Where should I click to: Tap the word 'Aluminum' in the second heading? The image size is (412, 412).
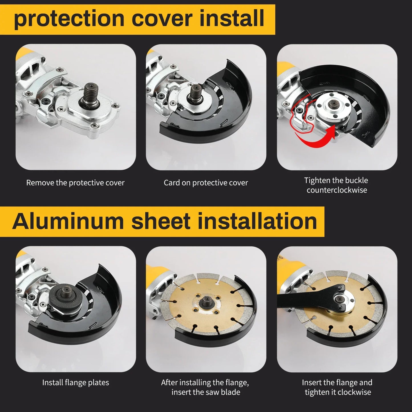coord(68,222)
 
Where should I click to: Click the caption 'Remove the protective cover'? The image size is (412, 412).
coord(75,183)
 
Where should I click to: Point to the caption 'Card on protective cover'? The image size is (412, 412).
coord(206,183)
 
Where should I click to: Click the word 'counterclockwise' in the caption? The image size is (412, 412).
coord(337,190)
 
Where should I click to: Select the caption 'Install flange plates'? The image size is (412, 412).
coord(75,383)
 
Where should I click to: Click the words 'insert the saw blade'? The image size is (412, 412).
coord(206,392)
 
